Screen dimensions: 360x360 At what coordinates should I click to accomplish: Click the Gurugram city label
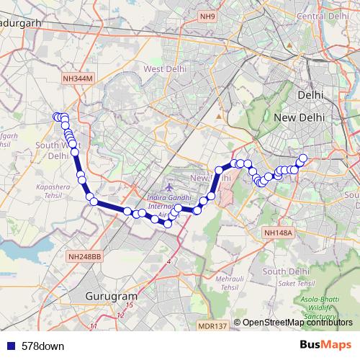coord(111,296)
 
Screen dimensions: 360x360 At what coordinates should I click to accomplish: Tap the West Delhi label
coord(166,69)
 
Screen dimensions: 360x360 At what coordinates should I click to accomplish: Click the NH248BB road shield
coord(86,256)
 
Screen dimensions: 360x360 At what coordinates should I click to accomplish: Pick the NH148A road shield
coord(278,233)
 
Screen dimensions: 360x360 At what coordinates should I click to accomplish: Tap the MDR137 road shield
coord(212,326)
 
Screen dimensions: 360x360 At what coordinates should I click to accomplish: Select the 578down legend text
coord(42,346)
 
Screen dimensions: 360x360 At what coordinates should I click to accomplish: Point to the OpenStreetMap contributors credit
coord(297,323)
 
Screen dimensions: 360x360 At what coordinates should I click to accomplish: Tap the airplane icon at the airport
coord(168,188)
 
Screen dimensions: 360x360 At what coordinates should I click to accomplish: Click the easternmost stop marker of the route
coord(303,158)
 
